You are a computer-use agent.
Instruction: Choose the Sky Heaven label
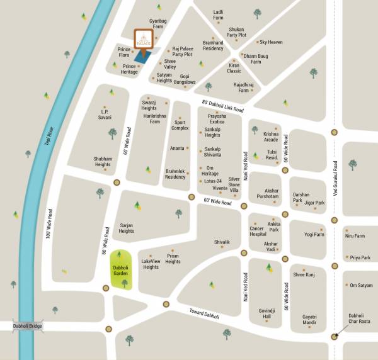[271, 42]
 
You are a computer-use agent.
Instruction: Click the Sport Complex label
[180, 125]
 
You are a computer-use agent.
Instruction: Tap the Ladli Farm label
[219, 14]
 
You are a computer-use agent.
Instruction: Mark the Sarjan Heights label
[126, 228]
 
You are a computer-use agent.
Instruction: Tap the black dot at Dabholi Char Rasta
[336, 335]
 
